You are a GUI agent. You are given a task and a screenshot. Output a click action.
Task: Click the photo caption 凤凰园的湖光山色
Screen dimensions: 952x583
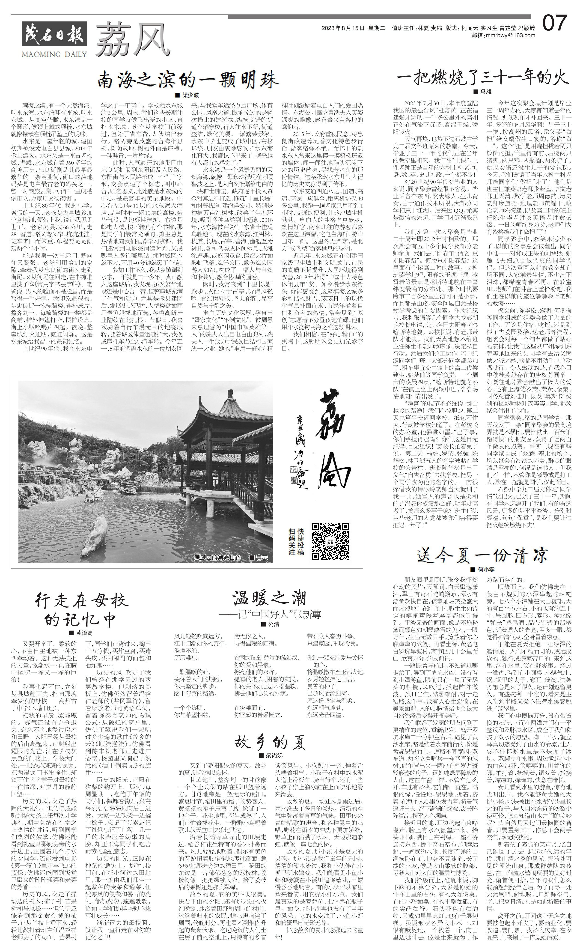[217, 558]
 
